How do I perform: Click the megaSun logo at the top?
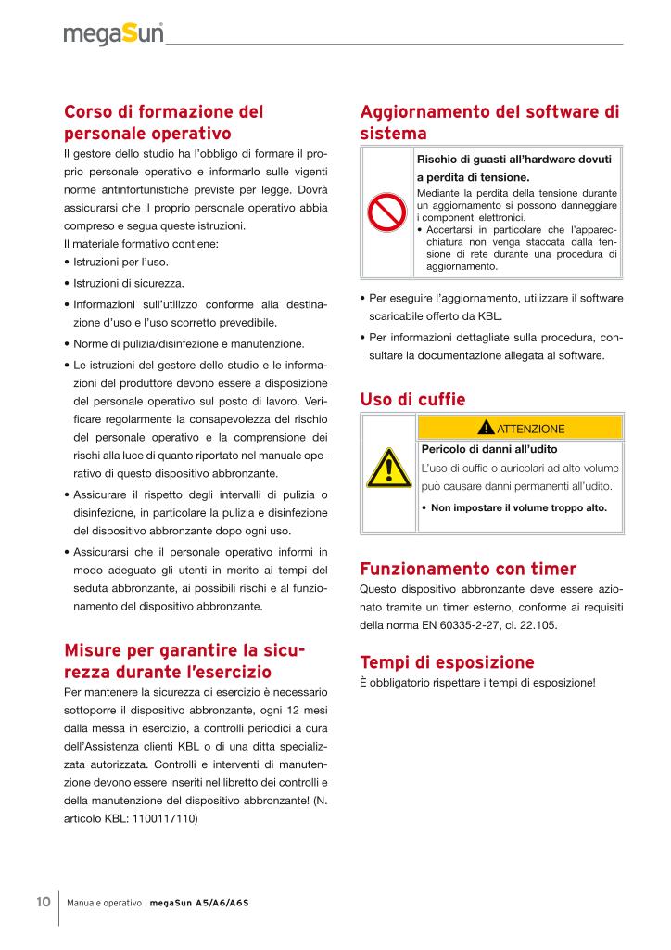(x=114, y=34)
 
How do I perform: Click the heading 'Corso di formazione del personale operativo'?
(x=164, y=122)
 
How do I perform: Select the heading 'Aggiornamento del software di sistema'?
(x=488, y=122)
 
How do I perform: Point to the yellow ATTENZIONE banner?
(x=520, y=429)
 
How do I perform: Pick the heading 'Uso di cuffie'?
(x=411, y=400)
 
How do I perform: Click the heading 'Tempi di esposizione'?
(x=447, y=662)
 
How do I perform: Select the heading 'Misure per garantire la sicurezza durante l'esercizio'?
(x=185, y=659)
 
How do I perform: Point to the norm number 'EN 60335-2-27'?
(x=454, y=625)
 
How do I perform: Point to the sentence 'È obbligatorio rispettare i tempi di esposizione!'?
(x=476, y=684)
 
